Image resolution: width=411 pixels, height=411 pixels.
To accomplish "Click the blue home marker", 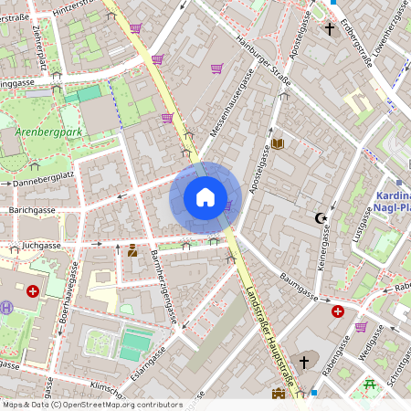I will pyautogui.click(x=205, y=197).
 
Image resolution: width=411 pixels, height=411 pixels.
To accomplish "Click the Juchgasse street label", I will pyautogui.click(x=43, y=246).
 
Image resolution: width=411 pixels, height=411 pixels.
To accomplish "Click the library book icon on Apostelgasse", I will pyautogui.click(x=278, y=143).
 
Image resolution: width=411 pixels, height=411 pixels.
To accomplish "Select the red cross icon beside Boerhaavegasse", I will pyautogui.click(x=34, y=291).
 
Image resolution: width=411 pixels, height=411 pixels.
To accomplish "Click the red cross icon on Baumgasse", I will pyautogui.click(x=338, y=311).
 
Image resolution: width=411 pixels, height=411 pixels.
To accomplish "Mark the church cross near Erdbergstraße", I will pyautogui.click(x=330, y=29).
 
